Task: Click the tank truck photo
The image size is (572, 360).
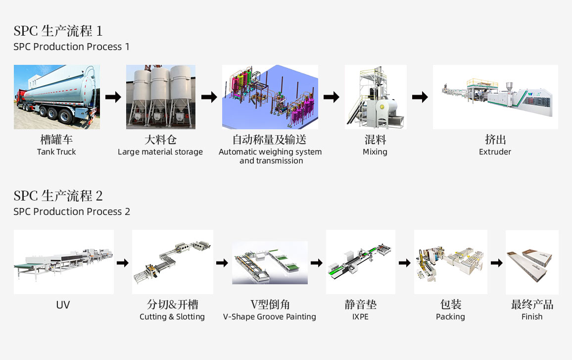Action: pyautogui.click(x=57, y=97)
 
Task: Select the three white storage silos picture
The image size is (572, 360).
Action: pyautogui.click(x=161, y=97)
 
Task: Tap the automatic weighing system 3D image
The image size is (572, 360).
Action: pyautogui.click(x=270, y=97)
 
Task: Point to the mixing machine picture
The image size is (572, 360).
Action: pyautogui.click(x=376, y=97)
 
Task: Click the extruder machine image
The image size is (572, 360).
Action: pyautogui.click(x=495, y=97)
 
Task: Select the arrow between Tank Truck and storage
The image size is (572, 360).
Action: pyautogui.click(x=113, y=97)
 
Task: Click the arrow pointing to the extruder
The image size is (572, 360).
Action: pyautogui.click(x=420, y=97)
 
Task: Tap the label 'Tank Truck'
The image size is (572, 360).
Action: pyautogui.click(x=56, y=152)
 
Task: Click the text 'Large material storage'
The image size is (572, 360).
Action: pyautogui.click(x=160, y=152)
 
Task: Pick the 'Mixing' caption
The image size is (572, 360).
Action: pyautogui.click(x=375, y=152)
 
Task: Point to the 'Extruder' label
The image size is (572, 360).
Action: pyautogui.click(x=495, y=152)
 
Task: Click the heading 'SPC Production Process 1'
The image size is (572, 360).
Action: pyautogui.click(x=72, y=47)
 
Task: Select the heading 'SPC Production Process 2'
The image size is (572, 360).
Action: pyautogui.click(x=72, y=212)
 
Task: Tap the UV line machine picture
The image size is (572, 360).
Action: pyautogui.click(x=64, y=262)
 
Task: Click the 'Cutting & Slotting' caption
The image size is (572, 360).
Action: pyautogui.click(x=172, y=317)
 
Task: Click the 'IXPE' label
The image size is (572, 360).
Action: pyautogui.click(x=360, y=317)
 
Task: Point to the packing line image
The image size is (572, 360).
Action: pyautogui.click(x=450, y=262)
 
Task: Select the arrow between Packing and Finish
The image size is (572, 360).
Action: pyautogui.click(x=496, y=263)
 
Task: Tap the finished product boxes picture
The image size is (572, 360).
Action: pyautogui.click(x=532, y=262)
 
